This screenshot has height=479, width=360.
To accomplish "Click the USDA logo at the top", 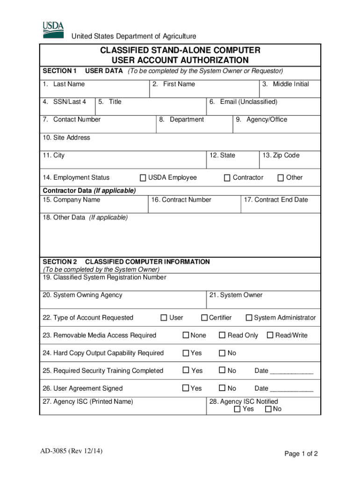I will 53,29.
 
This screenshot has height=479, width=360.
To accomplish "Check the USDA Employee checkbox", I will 144,178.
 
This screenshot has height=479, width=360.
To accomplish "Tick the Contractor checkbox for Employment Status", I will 227,178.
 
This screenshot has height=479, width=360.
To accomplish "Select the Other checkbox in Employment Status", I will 281,178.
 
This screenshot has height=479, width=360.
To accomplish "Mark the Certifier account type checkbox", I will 204,318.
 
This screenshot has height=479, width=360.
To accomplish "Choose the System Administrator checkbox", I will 249,318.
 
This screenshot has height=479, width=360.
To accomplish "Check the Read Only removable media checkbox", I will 223,335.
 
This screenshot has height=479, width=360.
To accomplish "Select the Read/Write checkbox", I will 270,335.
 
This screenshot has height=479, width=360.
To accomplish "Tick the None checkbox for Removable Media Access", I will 186,335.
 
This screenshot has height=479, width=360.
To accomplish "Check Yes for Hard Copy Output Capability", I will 186,353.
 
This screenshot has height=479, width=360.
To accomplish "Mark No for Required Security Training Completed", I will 223,371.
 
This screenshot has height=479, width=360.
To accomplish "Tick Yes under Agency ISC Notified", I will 237,409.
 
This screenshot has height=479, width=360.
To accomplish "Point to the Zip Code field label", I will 281,155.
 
